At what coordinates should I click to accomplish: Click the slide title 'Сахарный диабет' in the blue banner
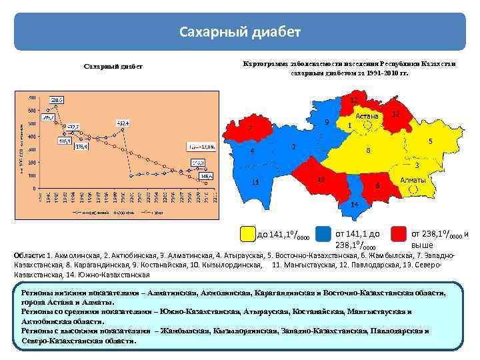click(240, 31)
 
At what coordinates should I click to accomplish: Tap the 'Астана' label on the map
click(367, 116)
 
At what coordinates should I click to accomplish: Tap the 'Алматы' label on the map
click(412, 181)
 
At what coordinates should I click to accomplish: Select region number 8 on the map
click(369, 151)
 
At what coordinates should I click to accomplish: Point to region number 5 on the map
click(431, 141)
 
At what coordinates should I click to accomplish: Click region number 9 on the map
click(326, 122)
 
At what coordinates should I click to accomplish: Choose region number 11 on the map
click(255, 182)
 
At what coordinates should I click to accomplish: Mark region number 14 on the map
click(354, 203)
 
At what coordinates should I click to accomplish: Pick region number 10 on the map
click(321, 179)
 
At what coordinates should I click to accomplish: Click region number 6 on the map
click(377, 185)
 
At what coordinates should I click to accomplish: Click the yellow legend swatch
click(248, 233)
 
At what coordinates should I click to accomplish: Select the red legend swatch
click(399, 233)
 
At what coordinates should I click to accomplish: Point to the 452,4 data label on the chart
click(123, 123)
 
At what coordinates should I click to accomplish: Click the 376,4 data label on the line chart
click(79, 147)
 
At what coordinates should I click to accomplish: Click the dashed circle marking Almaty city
click(413, 189)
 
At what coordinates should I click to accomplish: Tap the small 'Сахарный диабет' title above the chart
click(112, 67)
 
